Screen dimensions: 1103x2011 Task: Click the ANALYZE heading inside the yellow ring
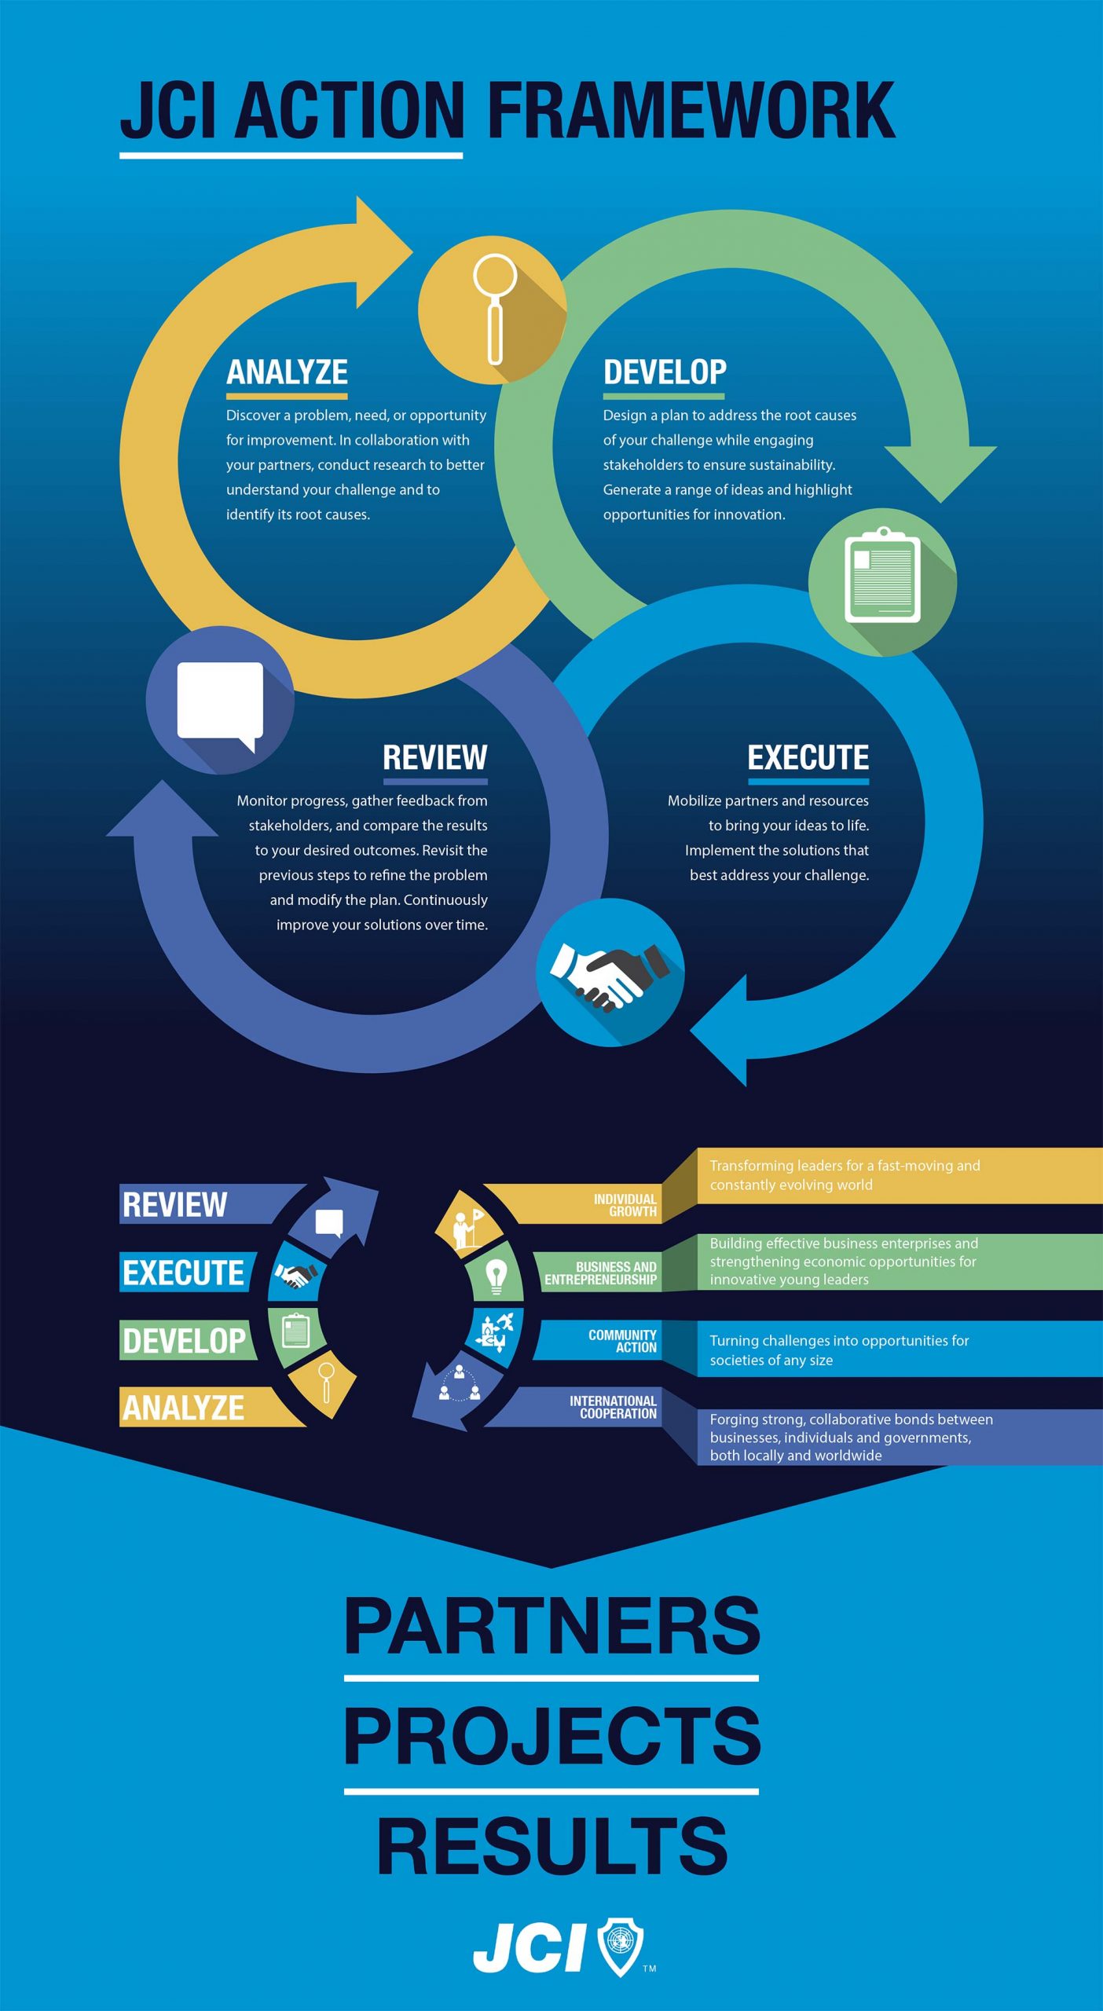point(287,372)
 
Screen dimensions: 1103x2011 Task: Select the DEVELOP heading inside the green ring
point(665,372)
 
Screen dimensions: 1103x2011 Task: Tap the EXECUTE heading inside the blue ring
point(808,758)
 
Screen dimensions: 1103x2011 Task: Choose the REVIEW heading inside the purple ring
point(435,758)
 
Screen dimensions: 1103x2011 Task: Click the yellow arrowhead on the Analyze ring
point(382,252)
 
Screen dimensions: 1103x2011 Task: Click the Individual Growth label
point(625,1205)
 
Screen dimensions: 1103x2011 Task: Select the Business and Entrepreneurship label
point(600,1273)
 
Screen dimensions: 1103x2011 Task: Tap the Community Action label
point(622,1341)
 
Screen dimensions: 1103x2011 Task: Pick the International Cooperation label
point(613,1407)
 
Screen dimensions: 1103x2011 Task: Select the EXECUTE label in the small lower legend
point(183,1273)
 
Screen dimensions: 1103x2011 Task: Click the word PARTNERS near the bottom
point(551,1627)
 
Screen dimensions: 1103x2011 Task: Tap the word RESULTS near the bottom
point(551,1846)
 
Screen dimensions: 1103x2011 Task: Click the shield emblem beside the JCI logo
point(621,1946)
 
